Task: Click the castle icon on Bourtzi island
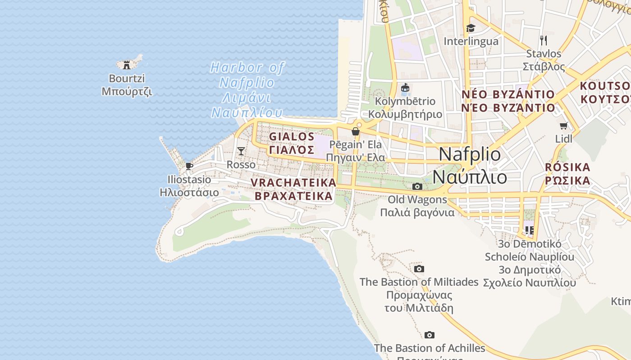(127, 65)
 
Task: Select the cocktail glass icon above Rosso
(241, 151)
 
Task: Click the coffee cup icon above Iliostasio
(189, 166)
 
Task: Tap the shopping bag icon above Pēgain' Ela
(356, 131)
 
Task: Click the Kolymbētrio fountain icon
(405, 88)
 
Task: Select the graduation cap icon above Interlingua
(471, 28)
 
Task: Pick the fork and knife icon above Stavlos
(544, 40)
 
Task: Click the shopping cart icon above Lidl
(563, 126)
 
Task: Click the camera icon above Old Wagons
(417, 186)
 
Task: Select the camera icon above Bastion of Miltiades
(419, 269)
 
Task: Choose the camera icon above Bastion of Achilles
(430, 335)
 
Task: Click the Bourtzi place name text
(127, 78)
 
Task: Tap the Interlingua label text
(471, 41)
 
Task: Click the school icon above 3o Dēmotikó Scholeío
(530, 230)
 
